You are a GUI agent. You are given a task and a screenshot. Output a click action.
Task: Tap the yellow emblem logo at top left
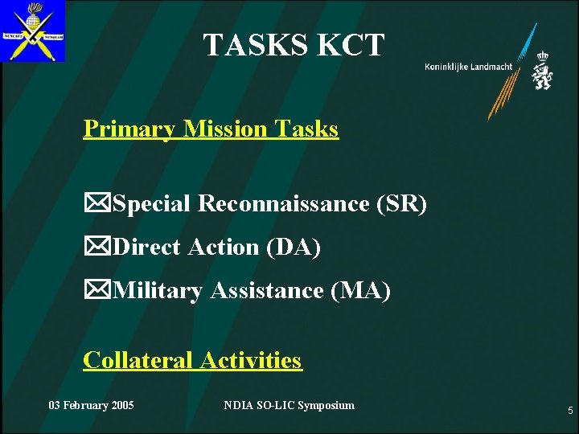(x=33, y=31)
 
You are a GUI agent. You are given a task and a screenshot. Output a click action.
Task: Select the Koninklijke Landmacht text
(x=468, y=67)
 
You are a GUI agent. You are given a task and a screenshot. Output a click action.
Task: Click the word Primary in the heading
(x=130, y=129)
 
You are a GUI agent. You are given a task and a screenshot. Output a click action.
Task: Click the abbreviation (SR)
(x=400, y=204)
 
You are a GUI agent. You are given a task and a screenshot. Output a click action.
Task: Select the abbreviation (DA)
(x=293, y=248)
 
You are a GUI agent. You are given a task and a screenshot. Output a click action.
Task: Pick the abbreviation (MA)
(x=360, y=291)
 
